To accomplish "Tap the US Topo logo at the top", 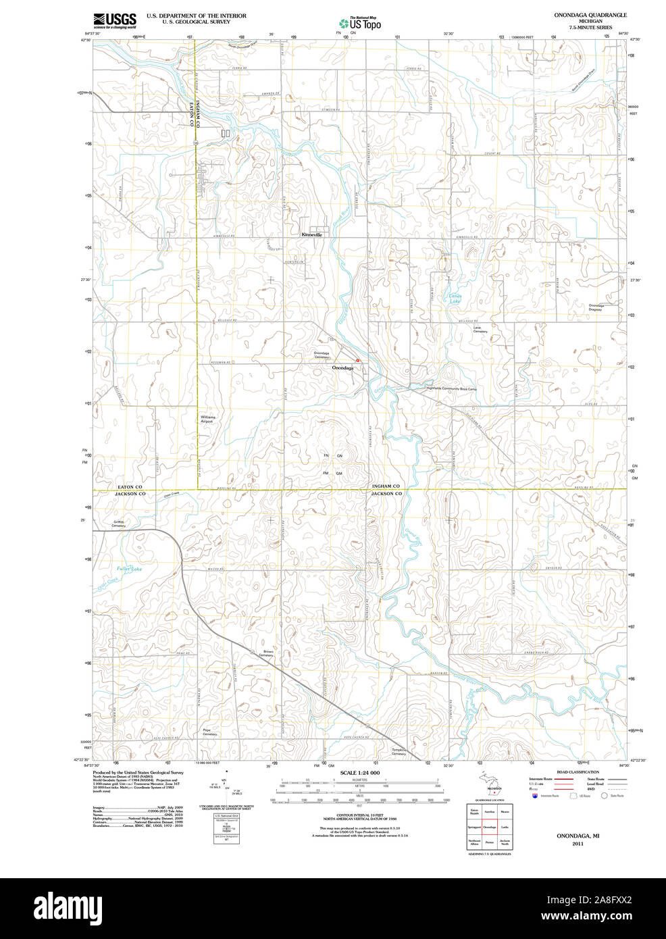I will (360, 23).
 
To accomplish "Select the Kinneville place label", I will (312, 234).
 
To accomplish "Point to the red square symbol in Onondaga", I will (358, 361).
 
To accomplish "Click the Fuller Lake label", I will (130, 569).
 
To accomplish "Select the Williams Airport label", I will (207, 420).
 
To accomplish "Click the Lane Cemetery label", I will (480, 329).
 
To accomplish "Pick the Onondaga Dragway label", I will (595, 307).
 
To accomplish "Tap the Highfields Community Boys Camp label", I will (451, 388).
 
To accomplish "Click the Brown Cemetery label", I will (266, 654).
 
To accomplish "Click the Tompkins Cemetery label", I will (399, 751).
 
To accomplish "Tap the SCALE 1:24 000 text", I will (360, 772).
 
